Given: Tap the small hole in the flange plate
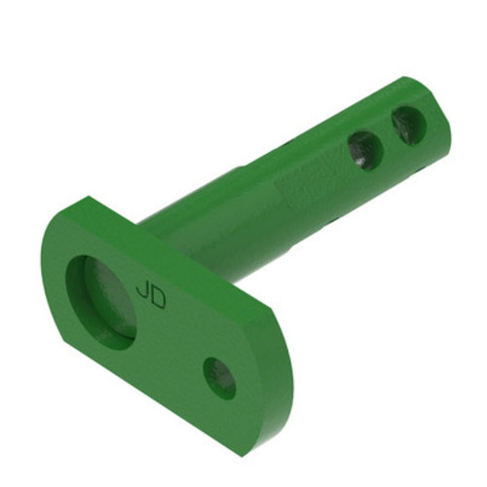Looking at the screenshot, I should (219, 375).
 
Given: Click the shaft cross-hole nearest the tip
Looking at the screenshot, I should (408, 124).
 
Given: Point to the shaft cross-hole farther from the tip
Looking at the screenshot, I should (365, 149).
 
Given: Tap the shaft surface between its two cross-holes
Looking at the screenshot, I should (387, 138).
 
